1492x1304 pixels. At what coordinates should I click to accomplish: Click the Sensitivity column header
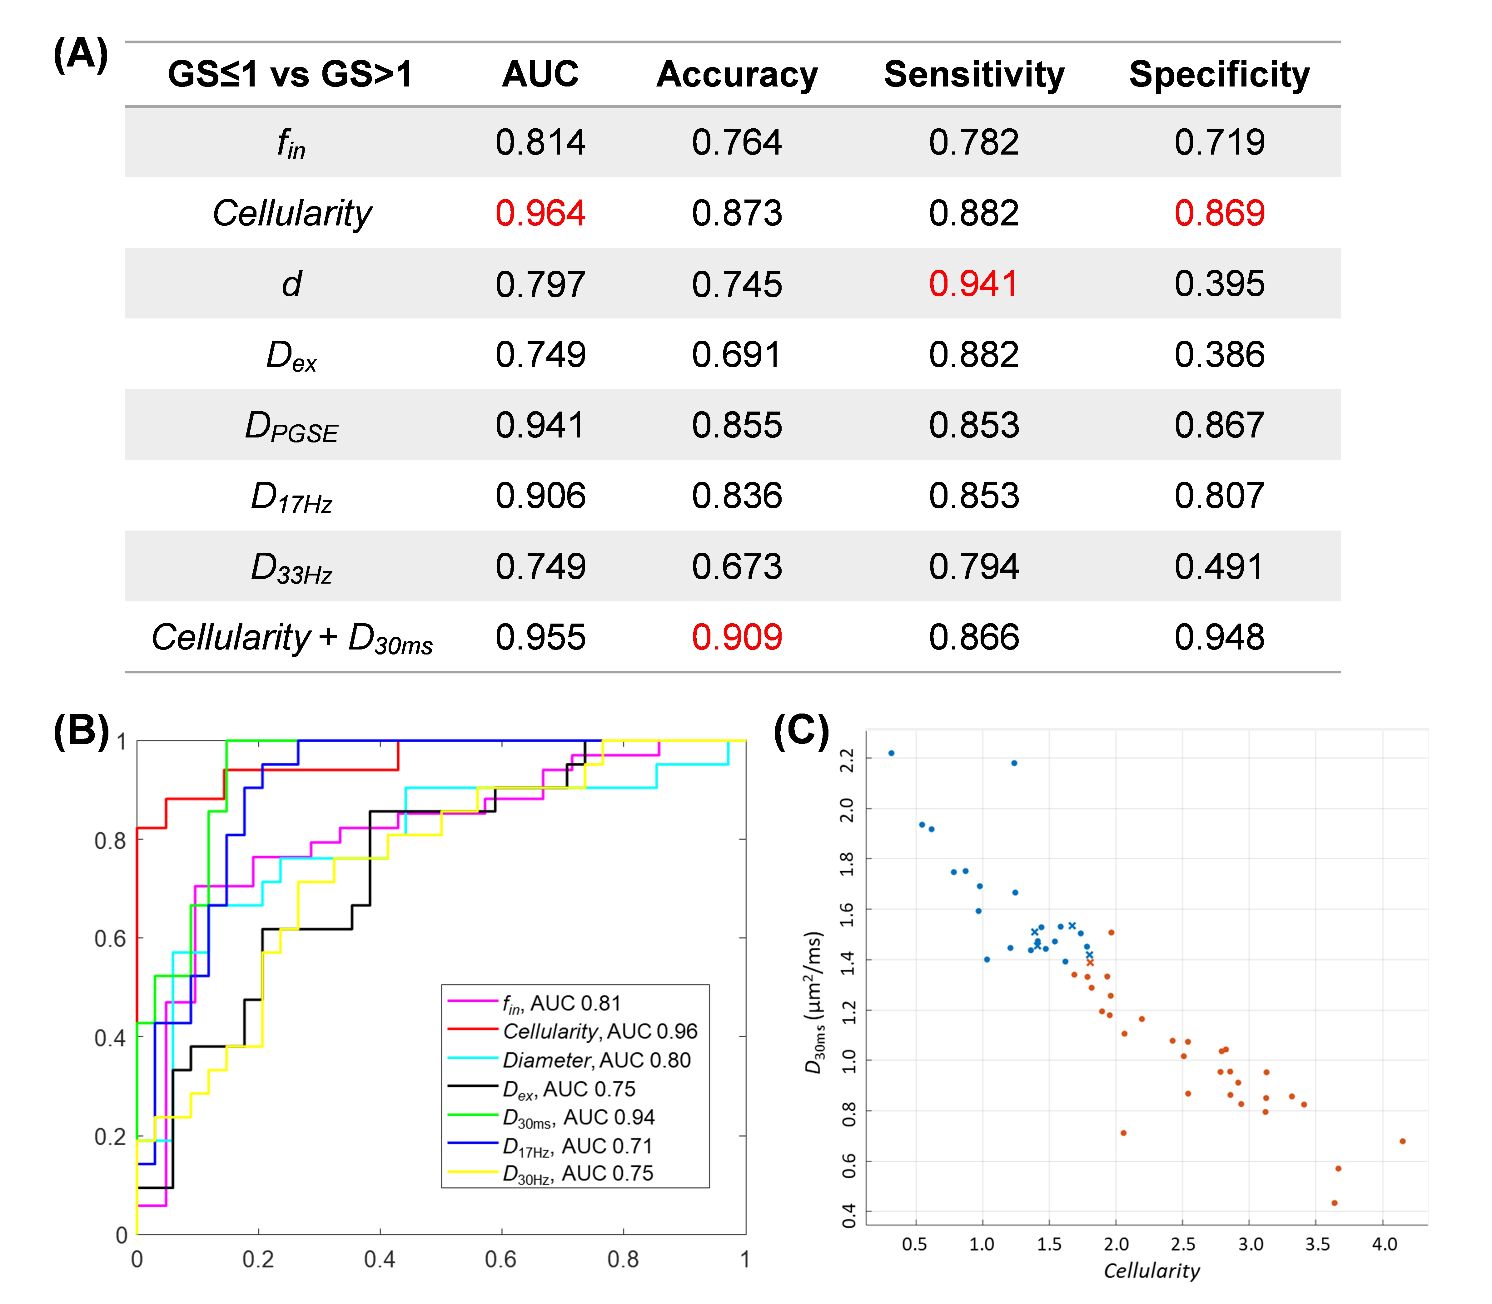[x=974, y=75]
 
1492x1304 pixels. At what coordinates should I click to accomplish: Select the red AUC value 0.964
[x=540, y=213]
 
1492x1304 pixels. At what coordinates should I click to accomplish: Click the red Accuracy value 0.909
[x=737, y=637]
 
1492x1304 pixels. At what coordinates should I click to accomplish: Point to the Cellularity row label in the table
[x=292, y=213]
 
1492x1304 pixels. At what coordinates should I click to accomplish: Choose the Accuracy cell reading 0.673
[x=737, y=567]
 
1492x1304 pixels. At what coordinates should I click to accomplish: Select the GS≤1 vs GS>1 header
[x=291, y=75]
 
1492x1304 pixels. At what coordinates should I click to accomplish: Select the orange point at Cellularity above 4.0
[x=1402, y=1141]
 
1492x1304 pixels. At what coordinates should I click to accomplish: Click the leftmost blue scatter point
[x=892, y=753]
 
